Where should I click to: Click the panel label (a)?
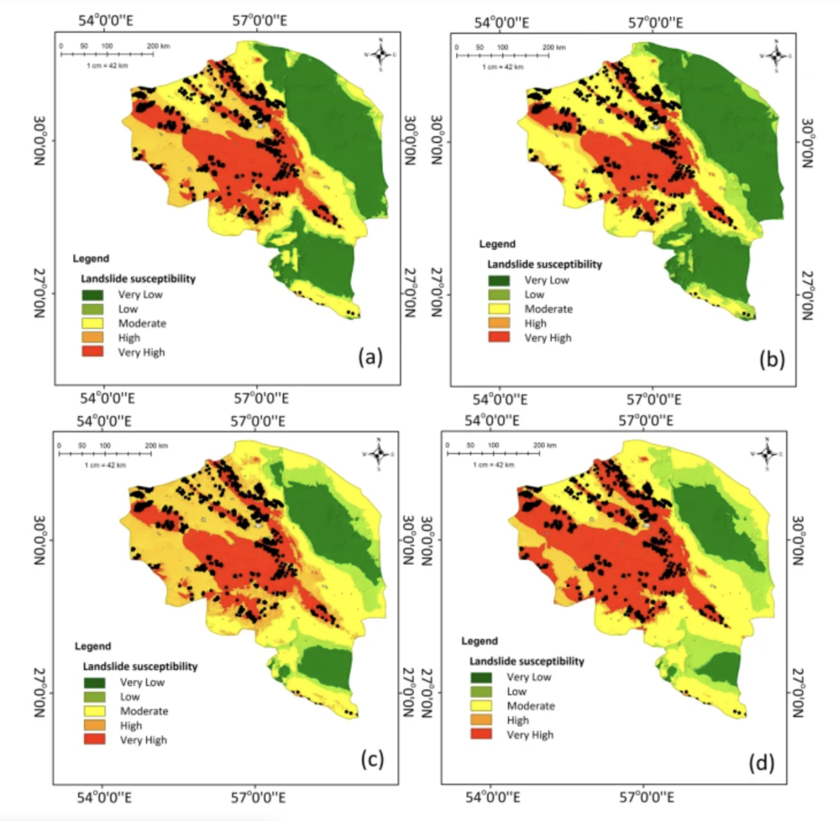[x=370, y=357]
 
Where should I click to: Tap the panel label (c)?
[x=371, y=760]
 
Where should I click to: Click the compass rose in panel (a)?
[x=381, y=54]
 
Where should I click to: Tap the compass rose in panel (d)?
[x=767, y=453]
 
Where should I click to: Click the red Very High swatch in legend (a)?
[x=92, y=351]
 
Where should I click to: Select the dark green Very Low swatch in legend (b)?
[x=499, y=280]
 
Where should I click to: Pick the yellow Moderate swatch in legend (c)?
[x=94, y=711]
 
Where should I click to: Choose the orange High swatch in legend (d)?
[x=481, y=720]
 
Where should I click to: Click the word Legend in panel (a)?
[x=91, y=259]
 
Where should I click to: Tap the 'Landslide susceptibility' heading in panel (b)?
[x=544, y=264]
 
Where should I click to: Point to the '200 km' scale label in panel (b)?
[x=553, y=47]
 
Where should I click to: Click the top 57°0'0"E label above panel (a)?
[x=261, y=20]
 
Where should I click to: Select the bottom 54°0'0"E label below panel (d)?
[x=494, y=798]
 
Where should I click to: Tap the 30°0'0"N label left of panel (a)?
[x=40, y=141]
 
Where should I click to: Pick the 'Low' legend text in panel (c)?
[x=130, y=697]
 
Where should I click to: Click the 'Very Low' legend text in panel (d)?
[x=529, y=677]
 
